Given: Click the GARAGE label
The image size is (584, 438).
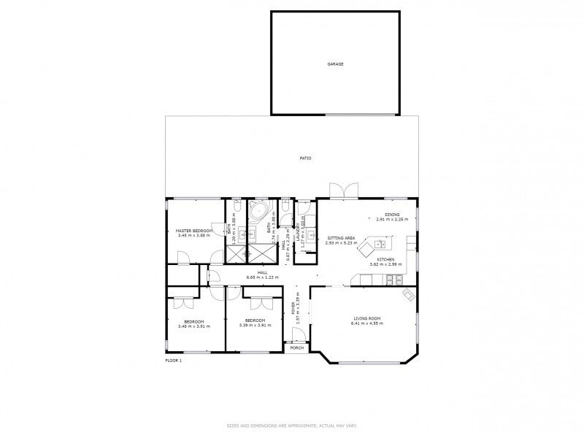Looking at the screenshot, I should click(x=335, y=64).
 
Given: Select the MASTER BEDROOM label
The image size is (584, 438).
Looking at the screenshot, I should click(x=194, y=231).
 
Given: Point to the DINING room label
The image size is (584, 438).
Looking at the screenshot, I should click(x=393, y=214).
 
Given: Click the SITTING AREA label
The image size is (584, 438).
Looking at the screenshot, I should click(x=341, y=238).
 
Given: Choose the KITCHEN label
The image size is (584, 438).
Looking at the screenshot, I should click(x=386, y=260).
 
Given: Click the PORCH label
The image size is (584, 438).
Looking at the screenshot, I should click(x=296, y=347).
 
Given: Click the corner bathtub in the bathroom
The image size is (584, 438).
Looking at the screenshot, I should click(x=258, y=212).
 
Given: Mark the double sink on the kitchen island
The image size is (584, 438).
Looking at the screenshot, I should click(x=380, y=243).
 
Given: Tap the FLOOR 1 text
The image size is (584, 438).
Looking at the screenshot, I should click(x=174, y=360).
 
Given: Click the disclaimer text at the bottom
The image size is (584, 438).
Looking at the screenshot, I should click(x=292, y=424).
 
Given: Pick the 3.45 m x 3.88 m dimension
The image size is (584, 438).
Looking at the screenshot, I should click(x=194, y=236).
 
